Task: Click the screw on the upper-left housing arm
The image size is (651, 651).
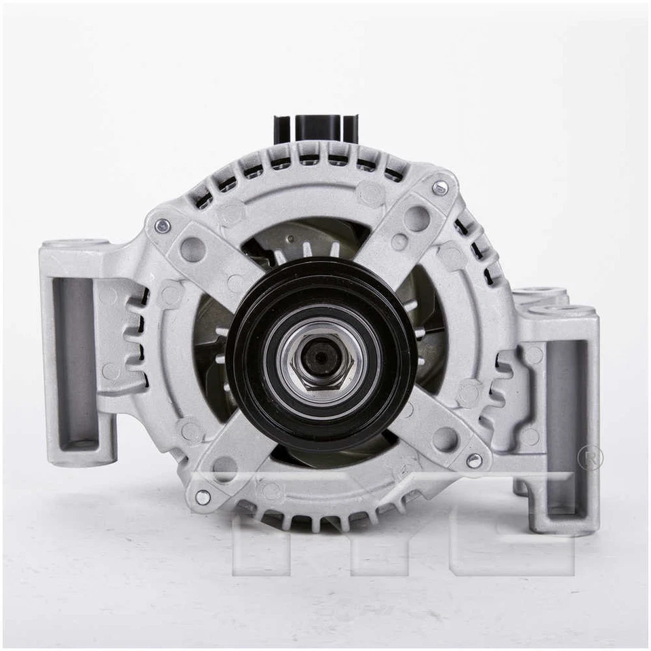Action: click(x=161, y=226)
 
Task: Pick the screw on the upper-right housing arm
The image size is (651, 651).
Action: click(x=439, y=188)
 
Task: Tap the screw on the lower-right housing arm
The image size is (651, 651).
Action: click(x=474, y=460)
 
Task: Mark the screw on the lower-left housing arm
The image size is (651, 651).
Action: click(x=202, y=497)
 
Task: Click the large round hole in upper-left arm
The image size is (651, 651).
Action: click(x=193, y=249)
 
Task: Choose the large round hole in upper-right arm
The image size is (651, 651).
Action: click(x=416, y=218)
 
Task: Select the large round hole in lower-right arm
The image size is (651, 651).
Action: click(x=445, y=439)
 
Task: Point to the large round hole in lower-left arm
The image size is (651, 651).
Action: click(x=224, y=468)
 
